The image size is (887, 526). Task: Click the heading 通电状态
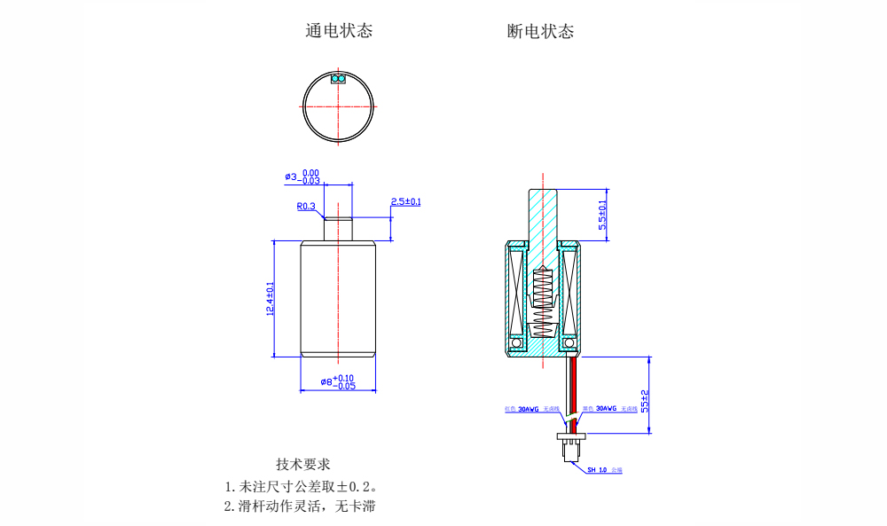point(339,31)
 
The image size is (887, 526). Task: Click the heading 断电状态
point(540,31)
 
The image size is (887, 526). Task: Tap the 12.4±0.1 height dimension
point(270,298)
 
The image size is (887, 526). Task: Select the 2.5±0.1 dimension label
point(406,202)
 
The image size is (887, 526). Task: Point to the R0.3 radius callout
point(306,207)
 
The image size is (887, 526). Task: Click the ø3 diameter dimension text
point(302,177)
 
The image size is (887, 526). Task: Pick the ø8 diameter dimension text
point(338,382)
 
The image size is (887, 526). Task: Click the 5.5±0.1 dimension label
point(603,215)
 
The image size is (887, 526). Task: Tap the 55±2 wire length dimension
point(645,399)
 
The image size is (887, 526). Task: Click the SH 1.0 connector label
point(603,470)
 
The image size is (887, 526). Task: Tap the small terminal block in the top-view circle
point(338,78)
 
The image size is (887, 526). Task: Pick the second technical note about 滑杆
point(306,507)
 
